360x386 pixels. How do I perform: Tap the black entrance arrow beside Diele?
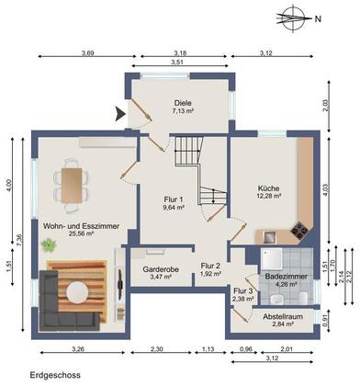click(x=120, y=114)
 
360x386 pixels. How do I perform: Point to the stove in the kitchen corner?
click(x=299, y=230)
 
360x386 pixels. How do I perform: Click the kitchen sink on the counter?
click(x=268, y=237)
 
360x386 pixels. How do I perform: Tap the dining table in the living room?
click(x=72, y=185)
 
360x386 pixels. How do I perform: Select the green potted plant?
click(x=49, y=245)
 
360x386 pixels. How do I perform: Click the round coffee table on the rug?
click(x=76, y=292)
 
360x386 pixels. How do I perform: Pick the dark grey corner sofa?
click(x=62, y=306)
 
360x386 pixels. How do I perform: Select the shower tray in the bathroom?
click(x=271, y=258)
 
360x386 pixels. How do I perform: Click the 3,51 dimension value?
click(x=180, y=62)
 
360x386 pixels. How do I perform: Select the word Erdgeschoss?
click(x=55, y=375)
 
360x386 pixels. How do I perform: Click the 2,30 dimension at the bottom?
click(x=157, y=348)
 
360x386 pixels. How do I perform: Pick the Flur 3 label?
click(x=243, y=291)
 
